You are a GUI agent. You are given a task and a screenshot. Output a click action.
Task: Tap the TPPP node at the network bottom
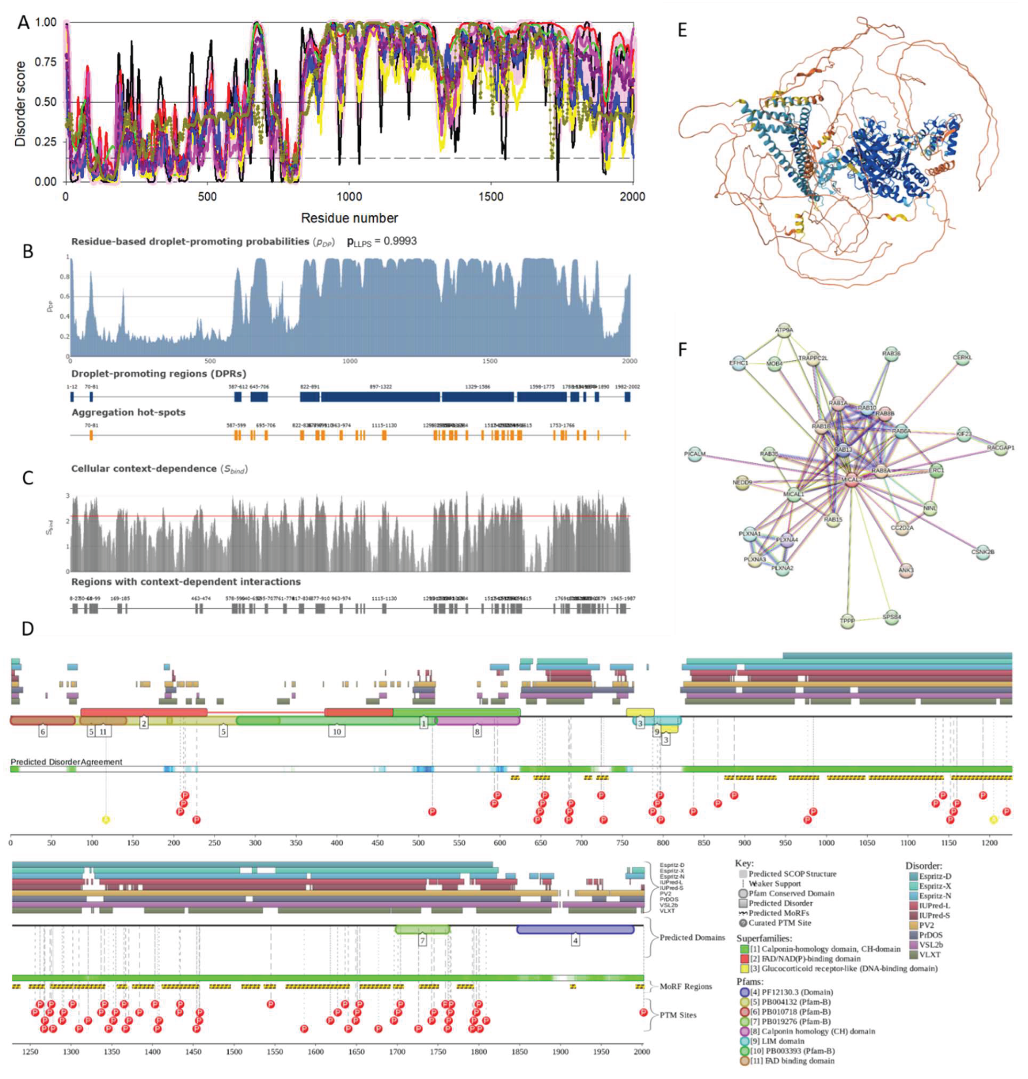[x=847, y=622]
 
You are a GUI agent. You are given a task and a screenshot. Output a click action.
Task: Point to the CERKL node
[x=963, y=358]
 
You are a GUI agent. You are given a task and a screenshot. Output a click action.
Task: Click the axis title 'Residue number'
[x=349, y=218]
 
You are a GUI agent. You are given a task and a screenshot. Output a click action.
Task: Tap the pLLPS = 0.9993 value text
[x=382, y=241]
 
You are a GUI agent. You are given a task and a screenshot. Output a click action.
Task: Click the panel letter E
[x=682, y=30]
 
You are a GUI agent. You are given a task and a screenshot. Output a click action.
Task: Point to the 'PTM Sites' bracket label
[x=677, y=1015]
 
